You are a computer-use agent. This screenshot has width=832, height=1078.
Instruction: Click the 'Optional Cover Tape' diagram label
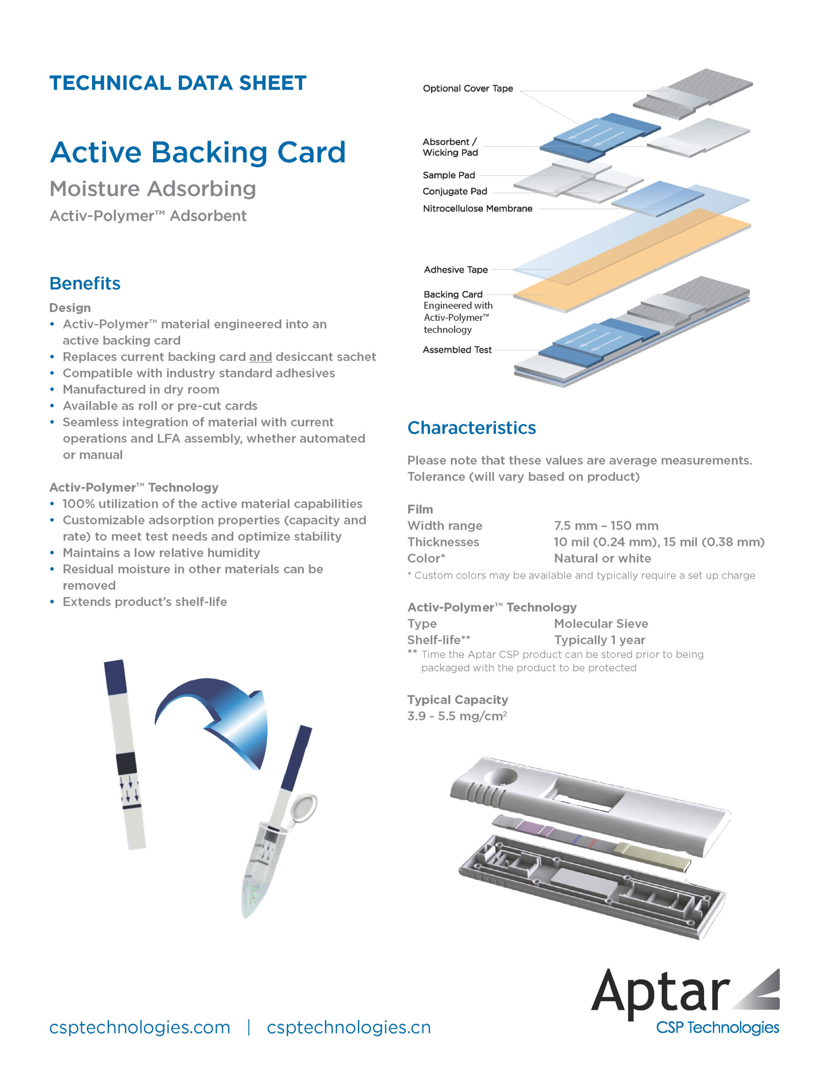468,88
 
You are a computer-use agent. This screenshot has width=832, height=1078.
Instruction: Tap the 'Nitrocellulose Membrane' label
477,208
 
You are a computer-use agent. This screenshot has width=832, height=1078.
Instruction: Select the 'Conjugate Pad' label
455,191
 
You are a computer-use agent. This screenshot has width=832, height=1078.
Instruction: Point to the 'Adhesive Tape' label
456,269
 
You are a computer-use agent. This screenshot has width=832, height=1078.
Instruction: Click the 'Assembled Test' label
457,350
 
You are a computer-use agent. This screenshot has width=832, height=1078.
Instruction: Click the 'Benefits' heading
85,283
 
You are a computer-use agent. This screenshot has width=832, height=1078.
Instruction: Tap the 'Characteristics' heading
472,427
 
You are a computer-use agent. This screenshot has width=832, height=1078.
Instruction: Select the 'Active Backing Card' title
198,152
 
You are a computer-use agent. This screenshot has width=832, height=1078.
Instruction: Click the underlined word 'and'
260,357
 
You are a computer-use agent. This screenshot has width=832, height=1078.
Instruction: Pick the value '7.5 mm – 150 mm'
606,525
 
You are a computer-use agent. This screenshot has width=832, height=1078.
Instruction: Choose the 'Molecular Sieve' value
601,623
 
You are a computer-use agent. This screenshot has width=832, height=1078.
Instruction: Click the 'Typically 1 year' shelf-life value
599,640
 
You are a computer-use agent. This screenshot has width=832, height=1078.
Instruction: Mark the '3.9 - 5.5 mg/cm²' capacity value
457,716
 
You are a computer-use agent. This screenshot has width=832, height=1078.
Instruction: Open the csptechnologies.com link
140,1027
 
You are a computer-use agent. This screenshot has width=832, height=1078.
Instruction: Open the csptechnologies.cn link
349,1027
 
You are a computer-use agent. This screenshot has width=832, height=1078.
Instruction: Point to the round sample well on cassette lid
501,777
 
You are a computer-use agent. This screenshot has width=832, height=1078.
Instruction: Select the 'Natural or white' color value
602,558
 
